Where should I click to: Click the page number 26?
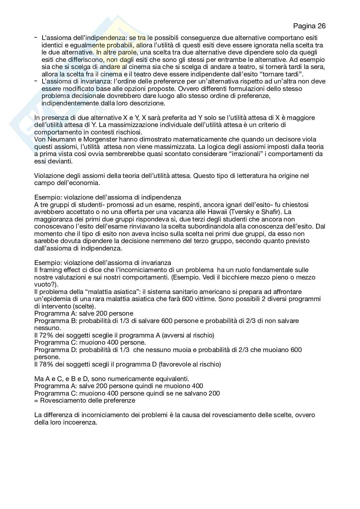(321, 26)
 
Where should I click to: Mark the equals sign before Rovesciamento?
(36, 401)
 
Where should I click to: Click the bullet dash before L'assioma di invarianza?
(36, 81)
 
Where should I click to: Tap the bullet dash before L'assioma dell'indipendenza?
(36, 38)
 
